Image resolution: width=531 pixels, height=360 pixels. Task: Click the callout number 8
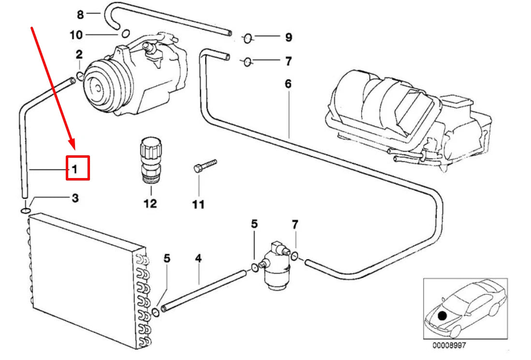[x=80, y=15]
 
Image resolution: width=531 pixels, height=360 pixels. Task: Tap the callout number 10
[x=76, y=35]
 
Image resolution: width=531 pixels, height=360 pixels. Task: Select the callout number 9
[x=288, y=37]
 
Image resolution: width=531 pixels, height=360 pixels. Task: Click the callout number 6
[x=288, y=84]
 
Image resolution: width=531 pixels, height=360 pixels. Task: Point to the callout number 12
[x=150, y=204]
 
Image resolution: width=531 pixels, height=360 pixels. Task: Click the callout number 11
[x=198, y=205]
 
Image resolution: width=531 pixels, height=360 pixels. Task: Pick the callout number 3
[x=75, y=198]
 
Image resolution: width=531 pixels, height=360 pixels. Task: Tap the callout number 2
[x=79, y=54]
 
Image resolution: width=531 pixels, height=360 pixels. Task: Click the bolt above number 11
[x=205, y=165]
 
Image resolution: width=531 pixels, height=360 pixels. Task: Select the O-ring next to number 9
[x=247, y=38]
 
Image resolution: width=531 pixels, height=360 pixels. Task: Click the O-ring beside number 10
[x=125, y=34]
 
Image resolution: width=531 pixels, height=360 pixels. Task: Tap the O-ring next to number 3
[x=25, y=210]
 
